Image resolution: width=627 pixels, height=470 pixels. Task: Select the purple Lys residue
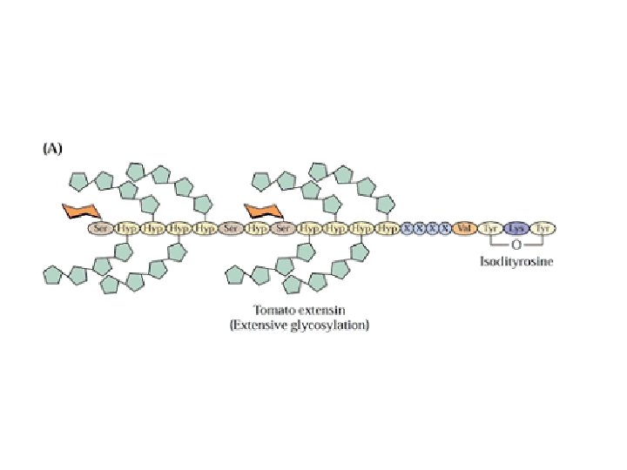[517, 228]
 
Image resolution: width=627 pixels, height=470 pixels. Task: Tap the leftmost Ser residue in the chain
[101, 228]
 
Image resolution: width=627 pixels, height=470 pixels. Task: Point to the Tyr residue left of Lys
[491, 228]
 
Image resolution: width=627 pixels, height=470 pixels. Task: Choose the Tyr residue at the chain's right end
[544, 228]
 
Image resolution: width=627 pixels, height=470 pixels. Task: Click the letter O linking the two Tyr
[517, 245]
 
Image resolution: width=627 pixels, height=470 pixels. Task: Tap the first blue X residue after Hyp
[407, 228]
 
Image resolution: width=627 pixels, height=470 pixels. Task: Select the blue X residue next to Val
[444, 228]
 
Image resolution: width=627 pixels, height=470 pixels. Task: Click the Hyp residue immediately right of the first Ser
[127, 228]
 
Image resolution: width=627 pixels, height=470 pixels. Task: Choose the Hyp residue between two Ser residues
[257, 228]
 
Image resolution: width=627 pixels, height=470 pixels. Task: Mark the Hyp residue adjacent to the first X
[387, 228]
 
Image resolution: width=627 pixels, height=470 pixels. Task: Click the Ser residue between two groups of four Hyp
[231, 228]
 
